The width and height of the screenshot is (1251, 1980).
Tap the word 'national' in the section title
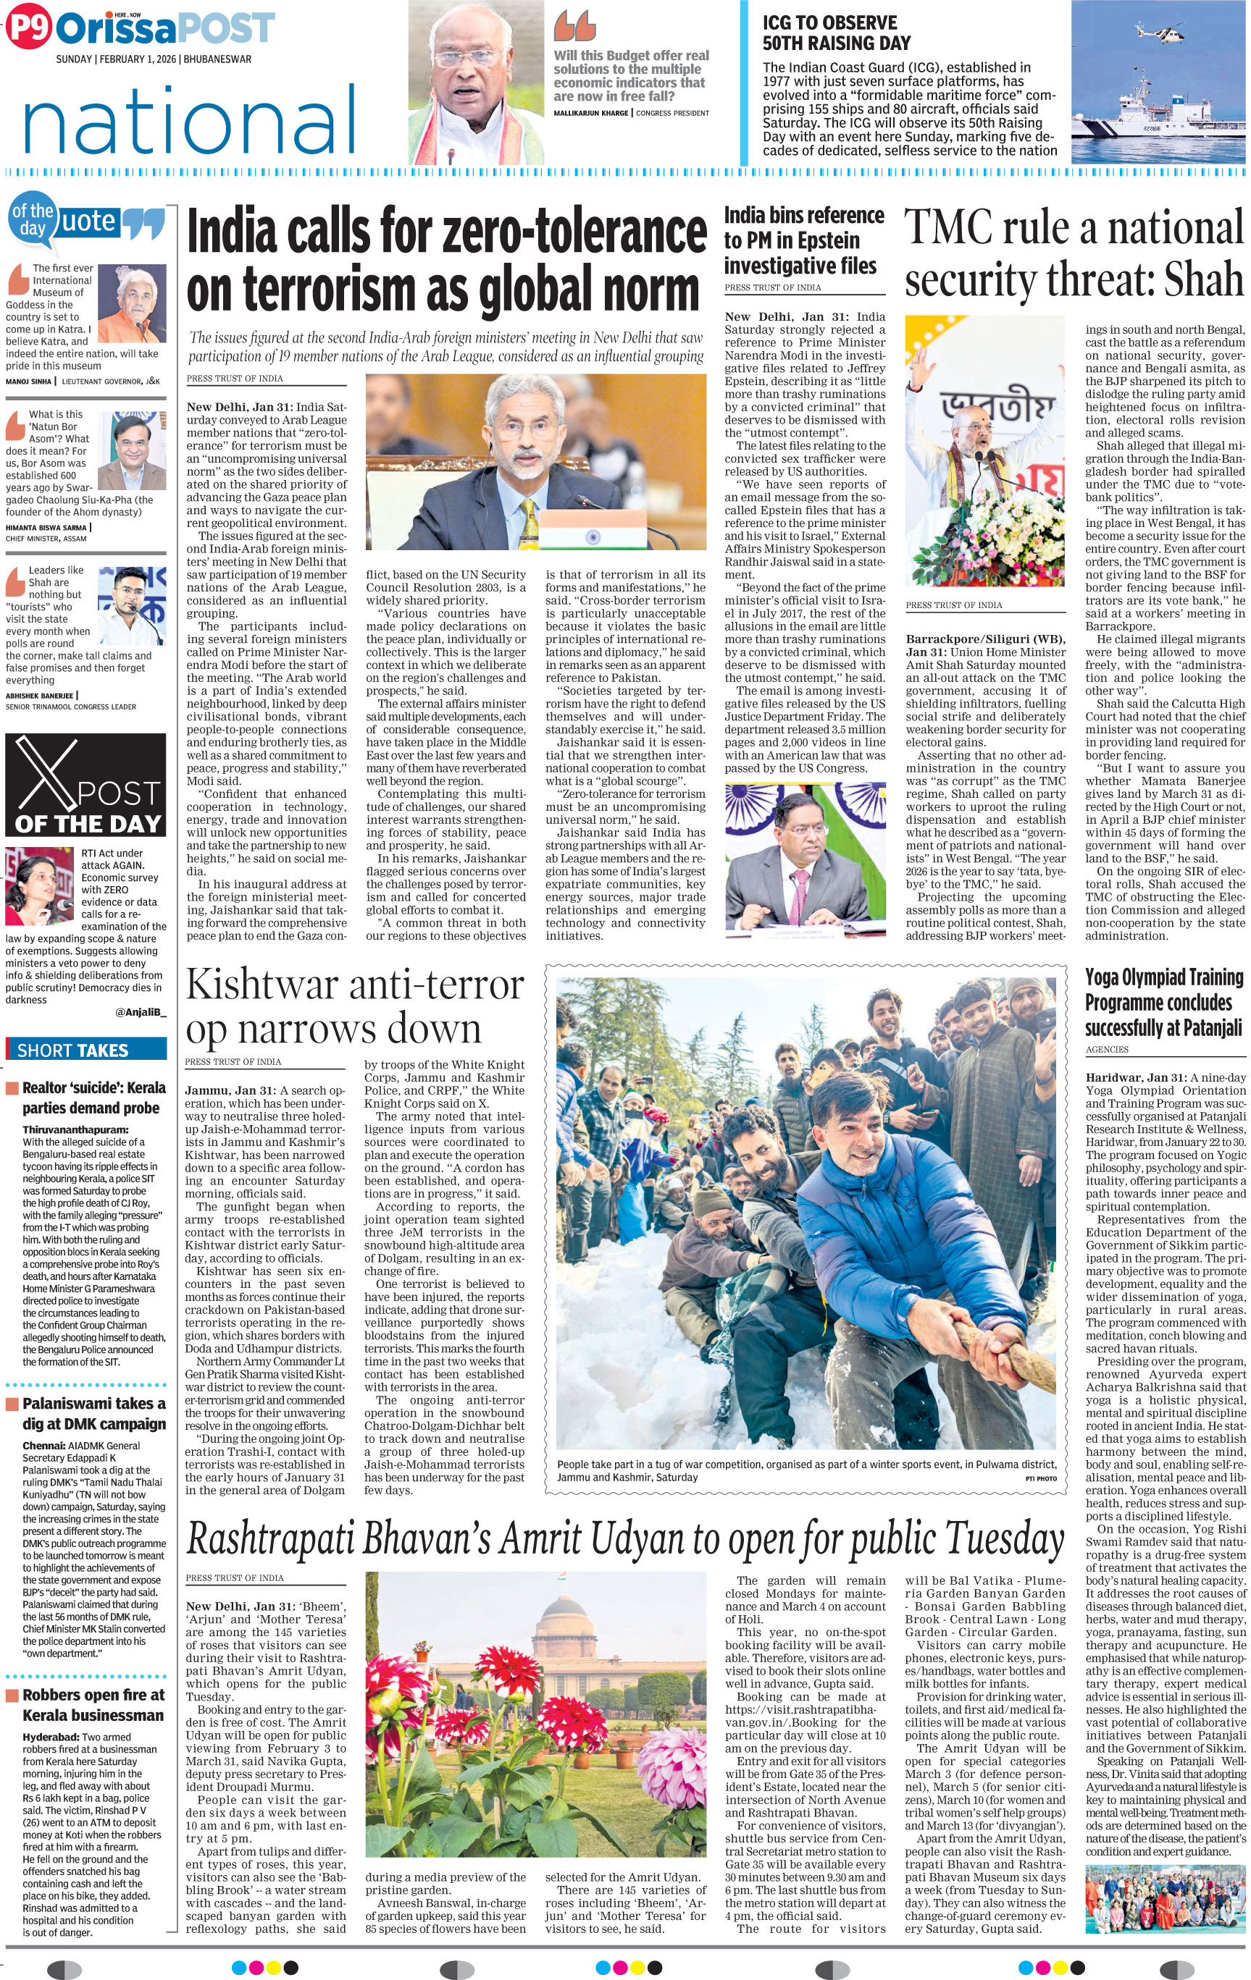189,122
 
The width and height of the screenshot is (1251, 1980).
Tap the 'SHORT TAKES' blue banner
85,1050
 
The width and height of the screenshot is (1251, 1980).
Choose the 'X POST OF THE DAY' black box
85,786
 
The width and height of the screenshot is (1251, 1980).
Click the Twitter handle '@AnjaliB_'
141,1012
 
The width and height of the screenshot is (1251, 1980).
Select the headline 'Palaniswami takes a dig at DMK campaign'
93,1413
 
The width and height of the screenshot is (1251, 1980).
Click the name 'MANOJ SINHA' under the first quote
29,382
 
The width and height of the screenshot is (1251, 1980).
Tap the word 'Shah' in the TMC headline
1203,279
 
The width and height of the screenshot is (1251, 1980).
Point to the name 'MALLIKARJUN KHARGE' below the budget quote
591,113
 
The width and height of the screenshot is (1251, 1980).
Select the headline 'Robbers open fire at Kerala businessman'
93,1706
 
